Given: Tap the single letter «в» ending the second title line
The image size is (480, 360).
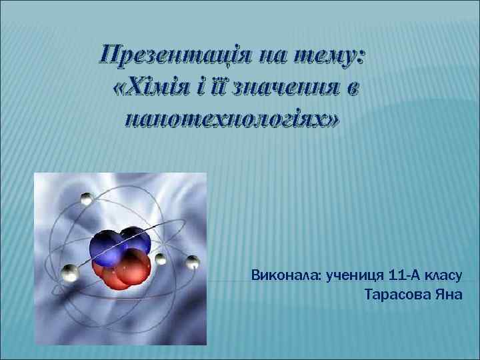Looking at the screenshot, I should pos(351,87).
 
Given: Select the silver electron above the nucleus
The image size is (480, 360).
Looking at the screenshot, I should pos(86,198).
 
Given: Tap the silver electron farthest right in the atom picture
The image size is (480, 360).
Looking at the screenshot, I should pos(192,261).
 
